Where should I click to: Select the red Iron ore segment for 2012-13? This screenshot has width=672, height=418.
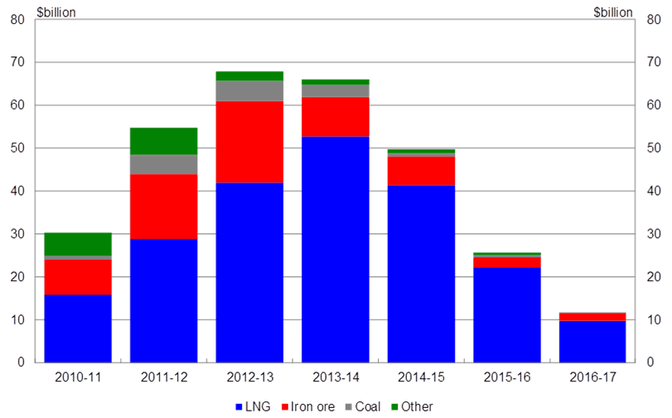click(x=249, y=142)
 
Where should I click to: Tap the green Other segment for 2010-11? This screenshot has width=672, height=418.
click(x=78, y=244)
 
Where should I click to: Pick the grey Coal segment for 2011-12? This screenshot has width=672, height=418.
click(x=164, y=164)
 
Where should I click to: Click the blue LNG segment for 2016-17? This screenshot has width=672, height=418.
click(x=592, y=342)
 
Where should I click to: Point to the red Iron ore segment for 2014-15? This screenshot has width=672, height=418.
click(x=420, y=170)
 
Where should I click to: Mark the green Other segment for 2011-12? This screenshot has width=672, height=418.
click(x=164, y=141)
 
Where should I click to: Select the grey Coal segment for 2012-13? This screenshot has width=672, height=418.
click(x=249, y=90)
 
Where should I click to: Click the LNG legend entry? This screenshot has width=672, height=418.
click(x=254, y=406)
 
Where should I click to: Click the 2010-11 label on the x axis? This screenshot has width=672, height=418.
click(x=78, y=377)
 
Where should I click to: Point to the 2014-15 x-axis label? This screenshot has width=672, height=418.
click(x=420, y=377)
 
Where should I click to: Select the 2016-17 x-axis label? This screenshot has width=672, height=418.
click(x=592, y=377)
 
